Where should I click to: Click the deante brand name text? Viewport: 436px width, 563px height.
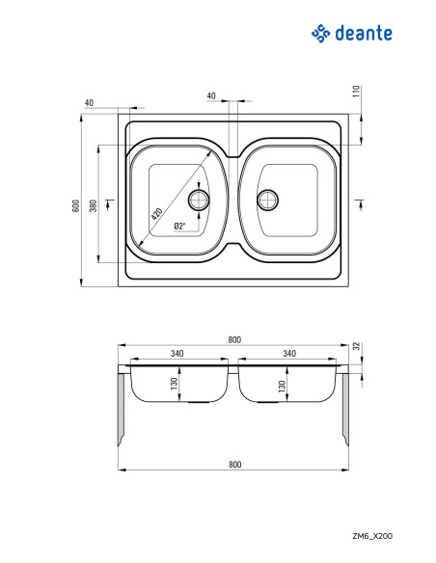pyautogui.click(x=364, y=34)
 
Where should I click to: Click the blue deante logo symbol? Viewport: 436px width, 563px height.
pyautogui.click(x=320, y=34)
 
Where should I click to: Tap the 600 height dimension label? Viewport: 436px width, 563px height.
pyautogui.click(x=76, y=205)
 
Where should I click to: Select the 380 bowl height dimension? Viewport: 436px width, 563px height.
pyautogui.click(x=94, y=205)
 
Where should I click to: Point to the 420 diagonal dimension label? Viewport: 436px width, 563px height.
pyautogui.click(x=156, y=214)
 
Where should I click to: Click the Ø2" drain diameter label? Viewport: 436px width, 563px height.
pyautogui.click(x=179, y=227)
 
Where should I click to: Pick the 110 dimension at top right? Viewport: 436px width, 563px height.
pyautogui.click(x=356, y=92)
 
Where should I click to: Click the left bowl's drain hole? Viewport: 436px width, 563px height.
pyautogui.click(x=199, y=200)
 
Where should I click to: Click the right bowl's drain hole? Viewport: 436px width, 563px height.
pyautogui.click(x=267, y=200)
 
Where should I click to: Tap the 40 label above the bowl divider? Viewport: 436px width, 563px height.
pyautogui.click(x=211, y=95)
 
